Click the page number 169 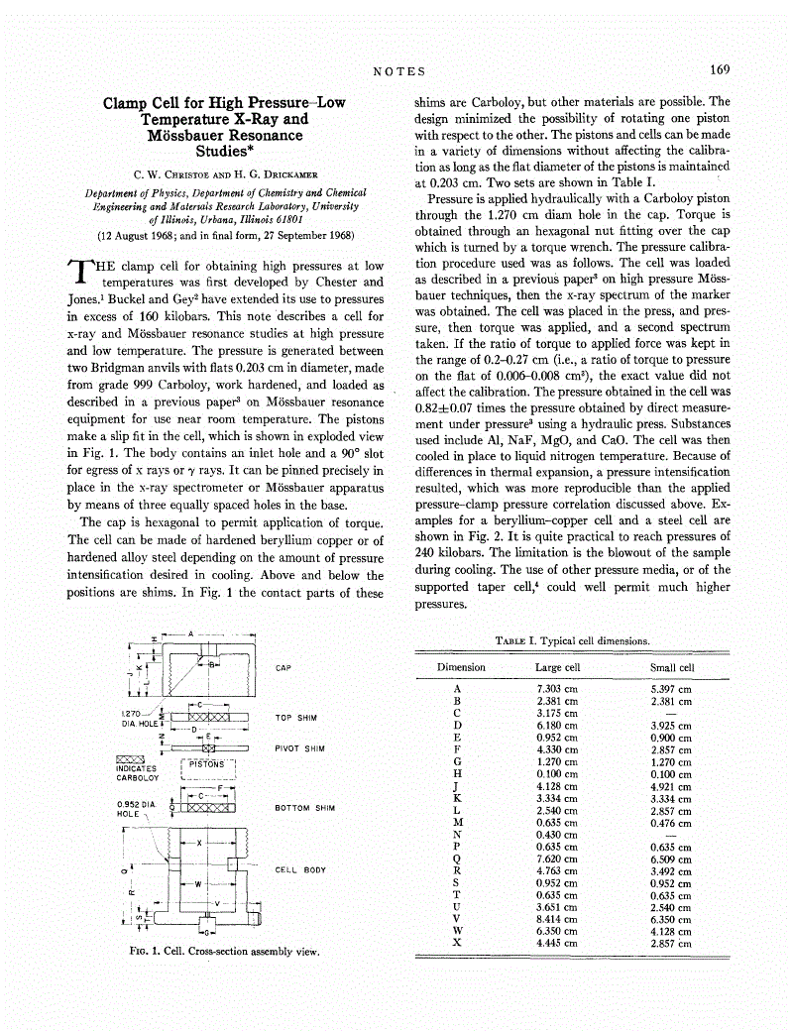719,70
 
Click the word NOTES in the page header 399,71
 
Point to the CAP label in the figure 283,668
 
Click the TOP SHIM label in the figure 294,717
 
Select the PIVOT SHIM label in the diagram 299,748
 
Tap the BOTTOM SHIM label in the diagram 304,808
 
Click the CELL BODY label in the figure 299,869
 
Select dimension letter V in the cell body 217,903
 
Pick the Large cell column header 557,667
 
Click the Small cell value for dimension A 671,688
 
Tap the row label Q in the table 456,859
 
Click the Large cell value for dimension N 556,834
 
